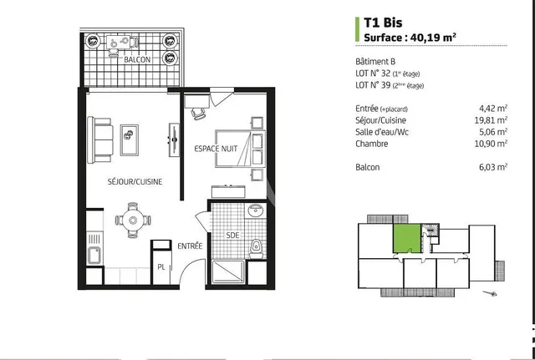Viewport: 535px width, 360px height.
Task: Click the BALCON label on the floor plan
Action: (x=137, y=61)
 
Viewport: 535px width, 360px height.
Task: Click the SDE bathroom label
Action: (x=233, y=236)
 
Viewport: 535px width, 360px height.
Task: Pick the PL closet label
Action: (x=160, y=267)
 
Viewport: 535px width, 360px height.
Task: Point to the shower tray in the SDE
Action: (x=227, y=271)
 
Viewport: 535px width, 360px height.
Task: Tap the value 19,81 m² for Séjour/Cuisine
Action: (x=492, y=119)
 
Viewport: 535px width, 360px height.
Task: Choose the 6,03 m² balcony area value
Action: (x=493, y=167)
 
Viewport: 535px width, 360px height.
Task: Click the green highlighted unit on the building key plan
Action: (x=406, y=237)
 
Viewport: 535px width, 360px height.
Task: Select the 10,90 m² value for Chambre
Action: (x=492, y=144)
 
